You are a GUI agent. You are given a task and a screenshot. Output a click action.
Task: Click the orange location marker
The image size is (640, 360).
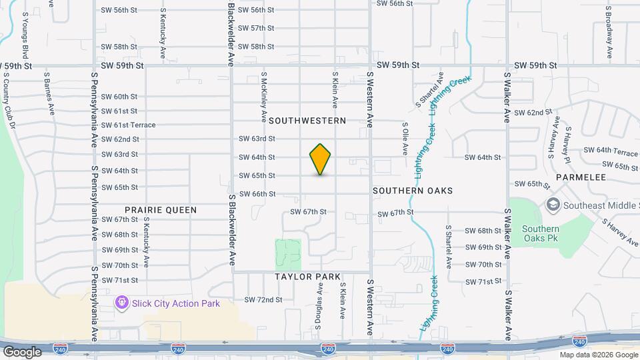click(x=320, y=159)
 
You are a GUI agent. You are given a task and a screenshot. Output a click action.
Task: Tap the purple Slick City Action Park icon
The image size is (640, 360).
click(x=122, y=303)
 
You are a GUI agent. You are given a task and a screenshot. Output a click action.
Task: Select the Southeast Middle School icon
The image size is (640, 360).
click(x=552, y=205)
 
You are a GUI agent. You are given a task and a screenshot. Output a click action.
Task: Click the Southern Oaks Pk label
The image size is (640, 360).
click(x=541, y=234)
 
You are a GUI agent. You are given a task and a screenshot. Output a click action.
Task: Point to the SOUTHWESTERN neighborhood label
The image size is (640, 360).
click(x=307, y=121)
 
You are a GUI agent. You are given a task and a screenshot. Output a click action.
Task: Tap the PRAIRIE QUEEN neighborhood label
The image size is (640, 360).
click(x=161, y=210)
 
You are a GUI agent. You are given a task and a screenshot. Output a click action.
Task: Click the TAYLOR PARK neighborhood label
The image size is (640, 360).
click(x=307, y=277)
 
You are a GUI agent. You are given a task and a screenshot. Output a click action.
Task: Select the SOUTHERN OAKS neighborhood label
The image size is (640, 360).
click(x=413, y=191)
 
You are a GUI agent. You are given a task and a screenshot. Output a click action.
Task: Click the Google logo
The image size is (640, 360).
click(x=22, y=351)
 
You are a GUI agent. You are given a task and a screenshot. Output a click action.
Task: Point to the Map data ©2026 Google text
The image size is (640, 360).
click(x=599, y=355)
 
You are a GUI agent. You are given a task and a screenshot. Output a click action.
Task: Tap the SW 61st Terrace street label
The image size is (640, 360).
click(x=129, y=125)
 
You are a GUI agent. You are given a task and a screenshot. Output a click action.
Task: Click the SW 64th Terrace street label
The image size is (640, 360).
click(x=611, y=152)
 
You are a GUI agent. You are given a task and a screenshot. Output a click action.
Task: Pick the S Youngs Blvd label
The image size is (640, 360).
click(x=25, y=34)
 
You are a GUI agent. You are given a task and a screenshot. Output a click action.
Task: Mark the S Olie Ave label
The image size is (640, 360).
click(x=405, y=138)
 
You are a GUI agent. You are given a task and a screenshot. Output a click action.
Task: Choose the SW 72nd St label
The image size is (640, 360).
click(x=263, y=300)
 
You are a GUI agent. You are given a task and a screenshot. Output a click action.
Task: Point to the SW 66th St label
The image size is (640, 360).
click(x=257, y=194)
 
